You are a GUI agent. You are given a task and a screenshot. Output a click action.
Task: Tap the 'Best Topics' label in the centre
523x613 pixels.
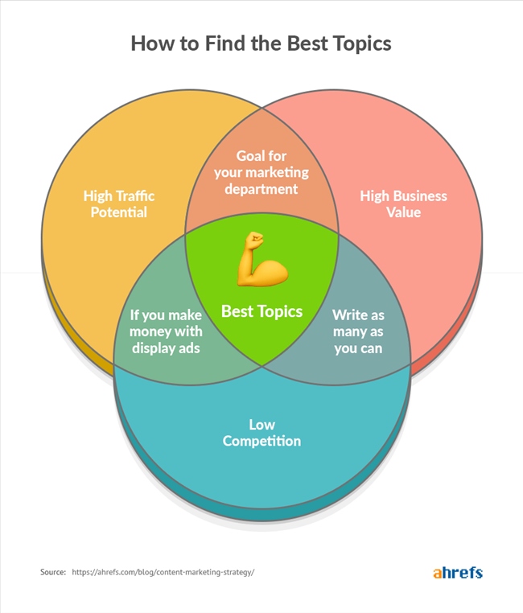coord(261,311)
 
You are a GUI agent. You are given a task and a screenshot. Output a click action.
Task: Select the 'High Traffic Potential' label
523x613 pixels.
coord(119,204)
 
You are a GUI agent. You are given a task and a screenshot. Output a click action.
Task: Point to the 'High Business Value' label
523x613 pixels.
coord(403,204)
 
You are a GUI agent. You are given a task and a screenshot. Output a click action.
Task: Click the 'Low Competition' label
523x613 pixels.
coord(261,432)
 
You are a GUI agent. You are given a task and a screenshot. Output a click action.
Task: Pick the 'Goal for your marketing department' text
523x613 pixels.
coord(261,171)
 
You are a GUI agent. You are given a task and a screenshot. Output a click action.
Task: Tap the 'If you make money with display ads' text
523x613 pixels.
coord(167,331)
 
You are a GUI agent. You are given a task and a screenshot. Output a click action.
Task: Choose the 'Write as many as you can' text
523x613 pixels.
coord(357,331)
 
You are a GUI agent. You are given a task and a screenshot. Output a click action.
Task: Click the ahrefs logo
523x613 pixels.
coord(457,573)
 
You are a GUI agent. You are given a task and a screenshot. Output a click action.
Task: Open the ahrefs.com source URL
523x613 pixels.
coord(163,572)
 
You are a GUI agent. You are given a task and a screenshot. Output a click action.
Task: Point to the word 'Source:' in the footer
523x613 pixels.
coord(53,572)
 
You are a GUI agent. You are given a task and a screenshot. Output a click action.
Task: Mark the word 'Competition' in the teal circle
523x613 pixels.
coord(261,441)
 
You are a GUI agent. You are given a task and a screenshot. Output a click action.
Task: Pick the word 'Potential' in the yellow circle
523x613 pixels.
coord(119,213)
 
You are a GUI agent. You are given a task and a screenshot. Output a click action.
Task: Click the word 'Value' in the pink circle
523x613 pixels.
coord(403,213)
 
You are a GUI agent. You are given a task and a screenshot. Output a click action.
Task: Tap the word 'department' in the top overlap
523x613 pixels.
coord(261,189)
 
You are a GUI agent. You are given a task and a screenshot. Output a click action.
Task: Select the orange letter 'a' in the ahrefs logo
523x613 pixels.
coord(437,573)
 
